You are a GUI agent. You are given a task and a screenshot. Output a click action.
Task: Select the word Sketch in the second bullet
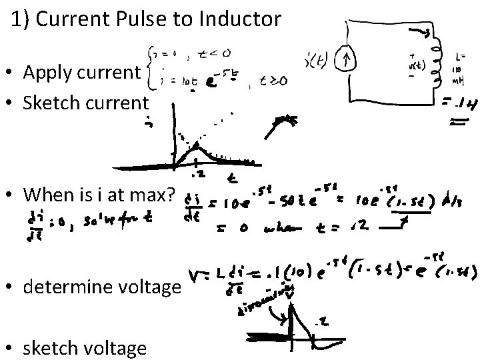click(x=49, y=103)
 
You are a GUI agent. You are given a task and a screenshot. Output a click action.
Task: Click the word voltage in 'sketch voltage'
click(x=116, y=347)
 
